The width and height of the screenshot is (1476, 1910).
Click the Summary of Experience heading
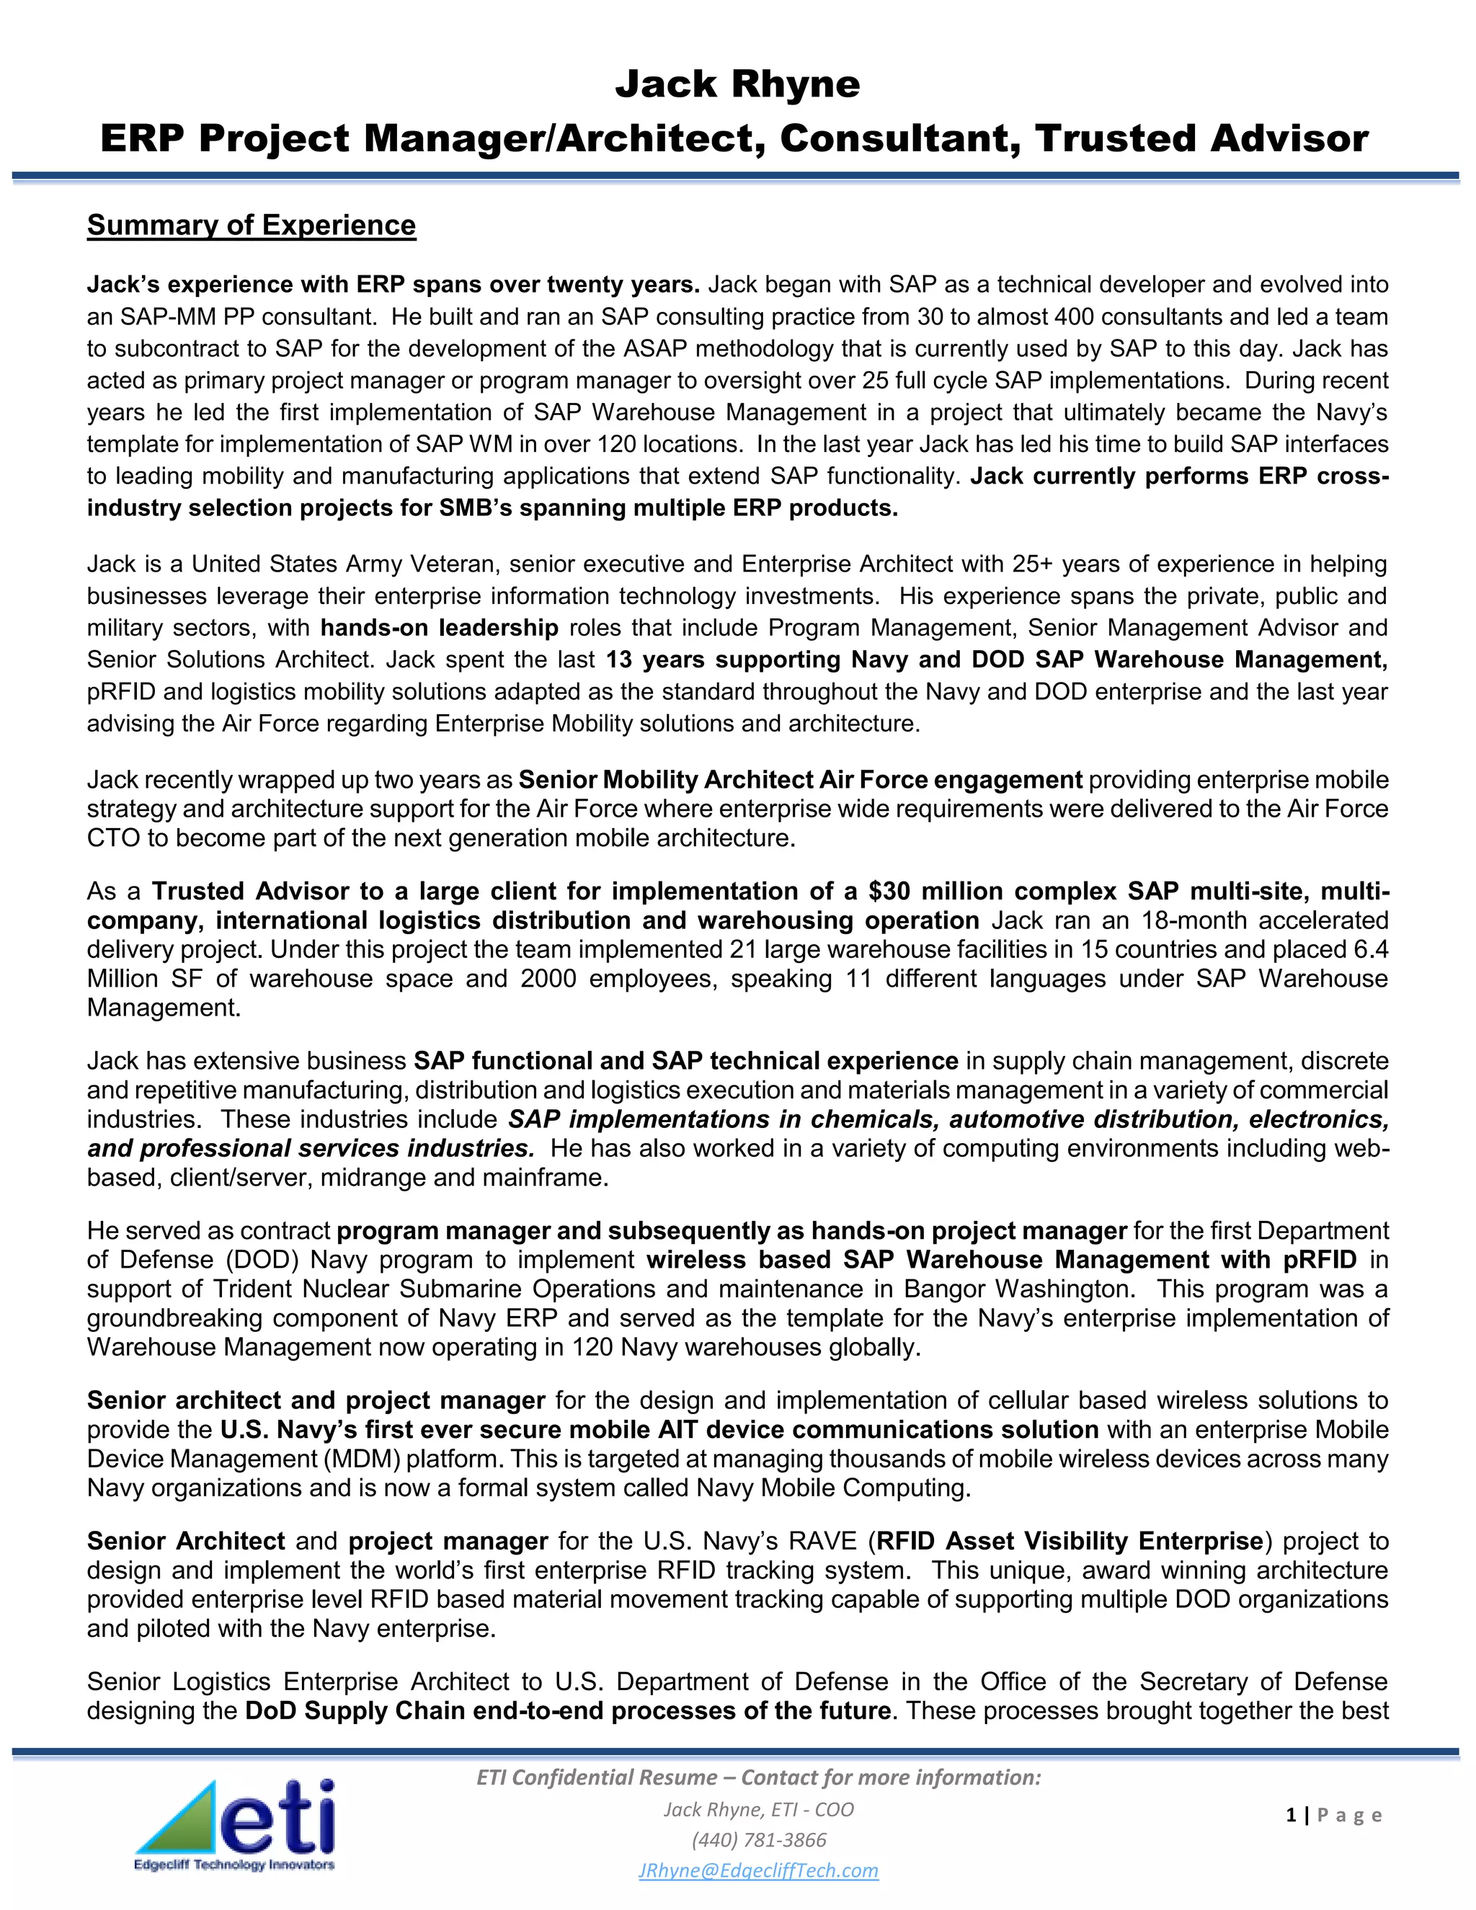point(251,226)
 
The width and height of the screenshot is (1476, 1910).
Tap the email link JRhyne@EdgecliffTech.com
point(758,1870)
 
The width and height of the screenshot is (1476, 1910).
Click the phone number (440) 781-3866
point(758,1840)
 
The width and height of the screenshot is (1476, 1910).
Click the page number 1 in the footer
point(1291,1816)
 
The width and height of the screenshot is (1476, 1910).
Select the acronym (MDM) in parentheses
point(364,1459)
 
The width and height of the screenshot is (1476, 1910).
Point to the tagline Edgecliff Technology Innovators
point(234,1865)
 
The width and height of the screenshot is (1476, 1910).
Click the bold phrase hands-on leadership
point(439,628)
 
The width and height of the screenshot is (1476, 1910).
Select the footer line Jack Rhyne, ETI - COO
point(758,1809)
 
